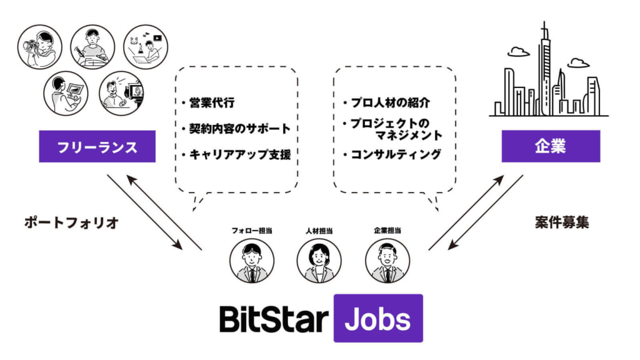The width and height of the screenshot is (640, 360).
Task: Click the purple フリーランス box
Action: click(x=97, y=146)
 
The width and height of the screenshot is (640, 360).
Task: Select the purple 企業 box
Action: click(x=551, y=146)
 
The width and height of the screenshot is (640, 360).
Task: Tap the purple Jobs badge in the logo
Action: click(x=378, y=318)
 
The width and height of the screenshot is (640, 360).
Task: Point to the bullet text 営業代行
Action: click(x=212, y=102)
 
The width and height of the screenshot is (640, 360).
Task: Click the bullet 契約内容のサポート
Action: click(x=239, y=129)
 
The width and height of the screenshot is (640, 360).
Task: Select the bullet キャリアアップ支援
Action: click(x=239, y=155)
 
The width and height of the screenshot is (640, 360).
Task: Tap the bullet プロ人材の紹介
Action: click(x=390, y=102)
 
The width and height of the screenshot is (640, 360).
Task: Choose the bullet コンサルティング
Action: click(x=396, y=155)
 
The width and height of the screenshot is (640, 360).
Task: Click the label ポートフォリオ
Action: click(x=71, y=223)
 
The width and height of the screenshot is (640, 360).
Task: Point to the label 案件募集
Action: click(x=562, y=222)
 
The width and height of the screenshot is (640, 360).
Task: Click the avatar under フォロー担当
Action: click(x=251, y=261)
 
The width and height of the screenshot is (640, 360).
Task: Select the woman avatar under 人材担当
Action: click(x=319, y=261)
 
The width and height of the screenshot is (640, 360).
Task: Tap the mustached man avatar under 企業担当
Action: click(x=387, y=261)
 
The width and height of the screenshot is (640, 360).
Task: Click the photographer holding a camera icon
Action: click(x=39, y=47)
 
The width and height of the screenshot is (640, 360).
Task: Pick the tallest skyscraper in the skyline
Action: click(x=545, y=69)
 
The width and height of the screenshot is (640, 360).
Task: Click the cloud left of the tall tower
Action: click(x=518, y=52)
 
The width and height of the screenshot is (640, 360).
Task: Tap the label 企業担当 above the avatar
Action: click(x=387, y=231)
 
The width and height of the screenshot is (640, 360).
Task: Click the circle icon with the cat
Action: click(x=146, y=47)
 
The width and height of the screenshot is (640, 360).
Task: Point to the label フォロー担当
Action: click(x=251, y=231)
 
